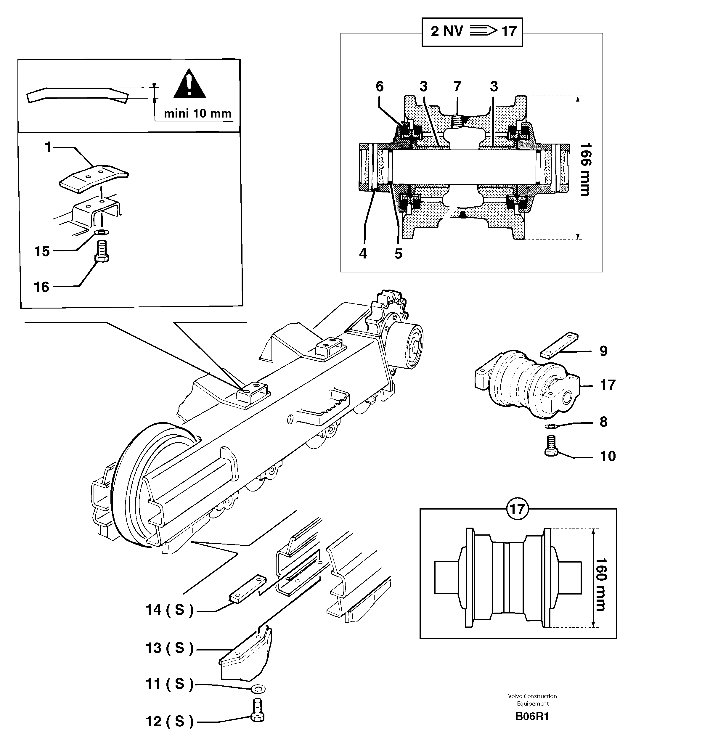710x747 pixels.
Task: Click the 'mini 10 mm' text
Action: pos(197,113)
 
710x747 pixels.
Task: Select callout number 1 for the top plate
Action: pos(48,147)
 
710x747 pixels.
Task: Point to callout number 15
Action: pos(42,251)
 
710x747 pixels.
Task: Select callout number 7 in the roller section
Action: pos(457,87)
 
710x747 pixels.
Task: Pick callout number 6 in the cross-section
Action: pos(380,87)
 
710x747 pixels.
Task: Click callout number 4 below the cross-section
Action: pos(363,254)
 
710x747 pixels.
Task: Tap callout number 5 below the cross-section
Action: pos(398,254)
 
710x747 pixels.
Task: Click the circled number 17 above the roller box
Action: pos(517,509)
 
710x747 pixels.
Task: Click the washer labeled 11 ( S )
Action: pos(258,689)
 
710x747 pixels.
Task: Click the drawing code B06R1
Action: pos(532,717)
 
